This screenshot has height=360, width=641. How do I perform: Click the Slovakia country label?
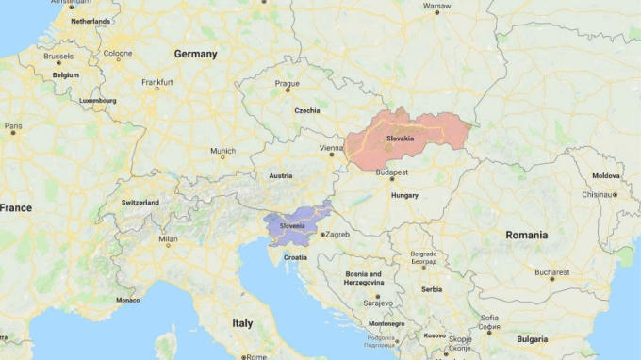(x=400, y=139)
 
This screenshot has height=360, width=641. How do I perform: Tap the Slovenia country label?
(x=292, y=226)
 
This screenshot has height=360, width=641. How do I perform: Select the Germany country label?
(x=195, y=54)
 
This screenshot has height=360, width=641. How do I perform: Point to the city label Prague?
(x=287, y=83)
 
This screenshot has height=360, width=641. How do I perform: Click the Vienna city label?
(x=331, y=148)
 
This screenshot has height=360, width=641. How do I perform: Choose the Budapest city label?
(x=391, y=172)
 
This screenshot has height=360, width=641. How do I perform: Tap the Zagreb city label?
(x=337, y=234)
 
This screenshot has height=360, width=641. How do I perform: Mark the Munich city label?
(x=222, y=151)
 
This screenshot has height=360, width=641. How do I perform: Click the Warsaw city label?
(x=436, y=6)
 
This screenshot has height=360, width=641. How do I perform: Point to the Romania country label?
(x=525, y=234)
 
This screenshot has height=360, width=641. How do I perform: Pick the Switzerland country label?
(x=140, y=202)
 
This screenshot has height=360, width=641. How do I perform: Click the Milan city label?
(x=168, y=239)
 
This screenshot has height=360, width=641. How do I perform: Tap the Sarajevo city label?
(x=377, y=303)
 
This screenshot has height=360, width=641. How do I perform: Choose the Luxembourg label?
(x=98, y=100)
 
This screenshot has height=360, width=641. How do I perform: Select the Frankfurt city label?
(x=156, y=82)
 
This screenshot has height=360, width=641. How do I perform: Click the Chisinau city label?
(x=597, y=194)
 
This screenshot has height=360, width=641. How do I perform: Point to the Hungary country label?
(x=404, y=195)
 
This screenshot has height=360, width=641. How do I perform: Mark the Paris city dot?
(x=13, y=133)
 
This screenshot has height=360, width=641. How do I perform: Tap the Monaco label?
(x=127, y=300)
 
